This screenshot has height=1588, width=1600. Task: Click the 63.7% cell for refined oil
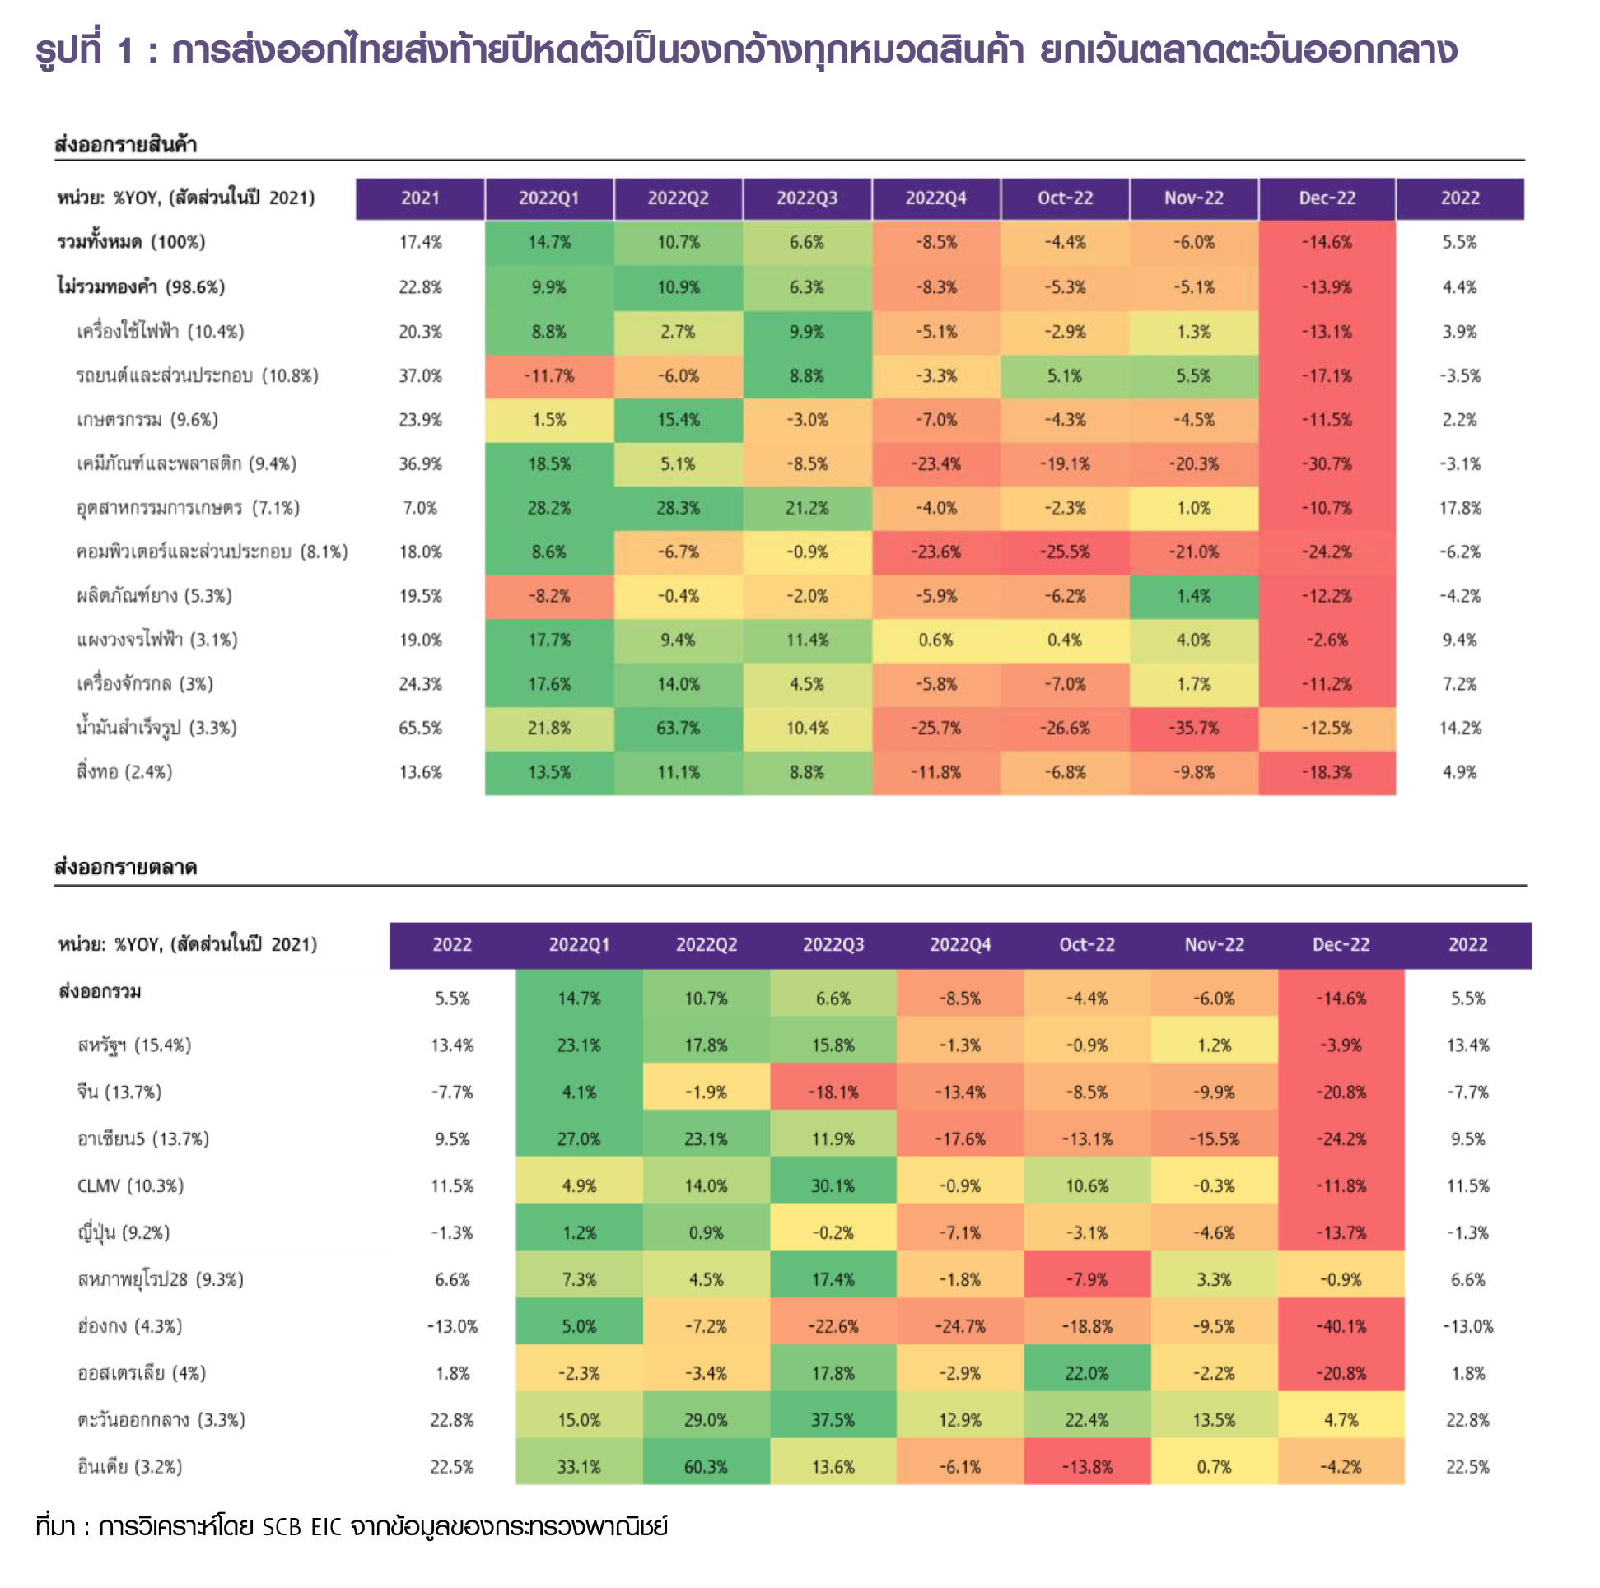[x=678, y=729]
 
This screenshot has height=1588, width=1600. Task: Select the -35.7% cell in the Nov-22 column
[x=1193, y=729]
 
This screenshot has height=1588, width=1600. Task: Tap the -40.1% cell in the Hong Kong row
[x=1341, y=1326]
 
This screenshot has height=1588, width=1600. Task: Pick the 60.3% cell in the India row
[x=706, y=1467]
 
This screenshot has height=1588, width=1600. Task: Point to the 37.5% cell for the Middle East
[x=833, y=1420]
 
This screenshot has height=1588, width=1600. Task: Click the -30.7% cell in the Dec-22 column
[x=1327, y=464]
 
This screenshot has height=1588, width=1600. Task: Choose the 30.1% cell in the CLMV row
[x=833, y=1185]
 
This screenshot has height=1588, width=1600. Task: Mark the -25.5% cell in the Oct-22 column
[x=1064, y=552]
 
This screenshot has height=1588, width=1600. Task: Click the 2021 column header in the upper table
[x=421, y=198]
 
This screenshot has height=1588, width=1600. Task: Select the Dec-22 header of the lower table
[x=1341, y=945]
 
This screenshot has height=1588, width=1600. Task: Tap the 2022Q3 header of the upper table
[x=807, y=198]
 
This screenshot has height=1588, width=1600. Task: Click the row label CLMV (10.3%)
[x=130, y=1185]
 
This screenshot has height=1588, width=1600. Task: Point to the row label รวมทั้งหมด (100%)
[x=131, y=243]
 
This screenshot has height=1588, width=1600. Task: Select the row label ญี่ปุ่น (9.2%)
[x=124, y=1233]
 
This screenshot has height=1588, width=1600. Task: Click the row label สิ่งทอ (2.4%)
[x=124, y=772]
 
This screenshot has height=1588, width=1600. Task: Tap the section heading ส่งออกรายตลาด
[x=125, y=868]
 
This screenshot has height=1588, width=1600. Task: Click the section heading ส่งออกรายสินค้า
[x=125, y=145]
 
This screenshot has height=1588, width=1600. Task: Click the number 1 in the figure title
[x=125, y=51]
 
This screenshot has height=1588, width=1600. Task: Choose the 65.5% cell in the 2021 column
[x=421, y=729]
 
